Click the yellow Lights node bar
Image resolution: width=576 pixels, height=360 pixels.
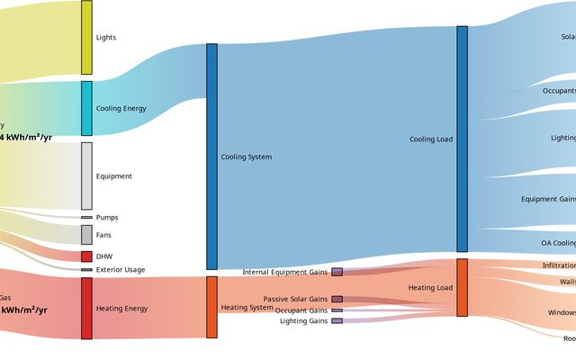pos(86,37)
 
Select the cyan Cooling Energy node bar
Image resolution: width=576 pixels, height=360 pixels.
pos(86,108)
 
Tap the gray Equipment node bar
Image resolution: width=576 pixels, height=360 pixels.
pos(86,175)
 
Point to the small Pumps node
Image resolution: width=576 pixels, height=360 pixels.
pos(86,217)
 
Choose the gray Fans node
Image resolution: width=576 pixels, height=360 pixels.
pos(86,235)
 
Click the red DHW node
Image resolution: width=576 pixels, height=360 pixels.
pos(86,256)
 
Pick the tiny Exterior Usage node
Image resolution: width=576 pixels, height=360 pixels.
pos(86,269)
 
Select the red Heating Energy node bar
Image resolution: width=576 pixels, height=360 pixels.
pos(86,308)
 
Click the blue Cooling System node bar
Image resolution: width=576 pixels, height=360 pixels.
pos(211,157)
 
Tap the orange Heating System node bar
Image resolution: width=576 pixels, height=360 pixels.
pos(211,307)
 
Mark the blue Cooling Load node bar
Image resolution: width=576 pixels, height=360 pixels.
pos(462,139)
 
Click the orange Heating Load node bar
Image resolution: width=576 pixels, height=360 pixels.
pos(462,287)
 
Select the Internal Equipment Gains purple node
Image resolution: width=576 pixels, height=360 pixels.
pos(337,272)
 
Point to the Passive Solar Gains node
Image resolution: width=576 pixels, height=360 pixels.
pos(337,299)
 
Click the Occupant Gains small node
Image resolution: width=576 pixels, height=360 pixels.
pos(337,310)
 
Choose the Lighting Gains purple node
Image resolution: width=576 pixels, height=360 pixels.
pos(337,320)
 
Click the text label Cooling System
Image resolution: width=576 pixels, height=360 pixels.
pos(247,157)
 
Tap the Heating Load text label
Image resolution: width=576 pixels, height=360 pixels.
pos(430,288)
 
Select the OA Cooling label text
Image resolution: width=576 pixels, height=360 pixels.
pos(558,243)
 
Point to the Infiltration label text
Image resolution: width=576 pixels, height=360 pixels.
pos(559,265)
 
